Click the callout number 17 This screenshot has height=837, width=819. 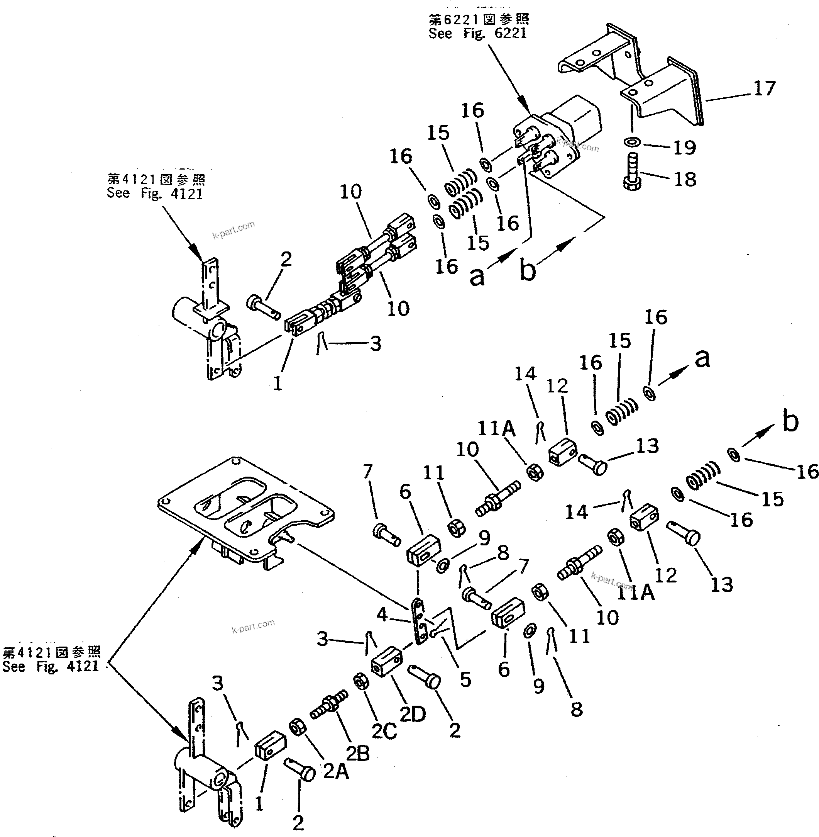[764, 88]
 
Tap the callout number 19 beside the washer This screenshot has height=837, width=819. [684, 148]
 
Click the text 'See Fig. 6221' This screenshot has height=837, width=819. [477, 34]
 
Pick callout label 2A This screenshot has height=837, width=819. [335, 772]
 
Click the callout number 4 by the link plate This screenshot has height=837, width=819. [382, 615]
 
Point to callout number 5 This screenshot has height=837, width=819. [465, 679]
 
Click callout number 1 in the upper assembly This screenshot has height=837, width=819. [278, 383]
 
